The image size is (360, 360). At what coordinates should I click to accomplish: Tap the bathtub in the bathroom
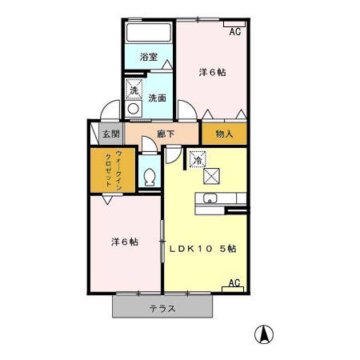[148, 34]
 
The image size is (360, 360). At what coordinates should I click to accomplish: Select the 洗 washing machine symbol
[134, 89]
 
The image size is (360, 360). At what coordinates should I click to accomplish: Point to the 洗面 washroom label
[158, 98]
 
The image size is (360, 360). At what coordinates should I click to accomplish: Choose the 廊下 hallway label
[166, 134]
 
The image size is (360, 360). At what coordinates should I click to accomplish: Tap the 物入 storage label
[224, 134]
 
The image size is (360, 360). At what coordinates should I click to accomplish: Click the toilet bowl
[150, 174]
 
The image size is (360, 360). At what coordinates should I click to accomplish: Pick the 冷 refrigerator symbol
[196, 159]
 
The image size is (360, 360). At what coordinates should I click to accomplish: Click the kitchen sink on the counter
[211, 199]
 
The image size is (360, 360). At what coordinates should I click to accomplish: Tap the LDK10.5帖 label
[202, 249]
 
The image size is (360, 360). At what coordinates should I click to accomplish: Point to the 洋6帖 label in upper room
[211, 72]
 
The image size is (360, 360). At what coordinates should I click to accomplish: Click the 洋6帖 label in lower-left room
[123, 241]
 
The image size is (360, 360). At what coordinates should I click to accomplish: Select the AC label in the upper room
[234, 32]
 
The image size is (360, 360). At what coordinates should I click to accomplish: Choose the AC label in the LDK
[234, 283]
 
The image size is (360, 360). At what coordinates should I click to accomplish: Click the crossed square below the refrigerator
[211, 175]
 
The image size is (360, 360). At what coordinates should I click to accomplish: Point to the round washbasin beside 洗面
[134, 107]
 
